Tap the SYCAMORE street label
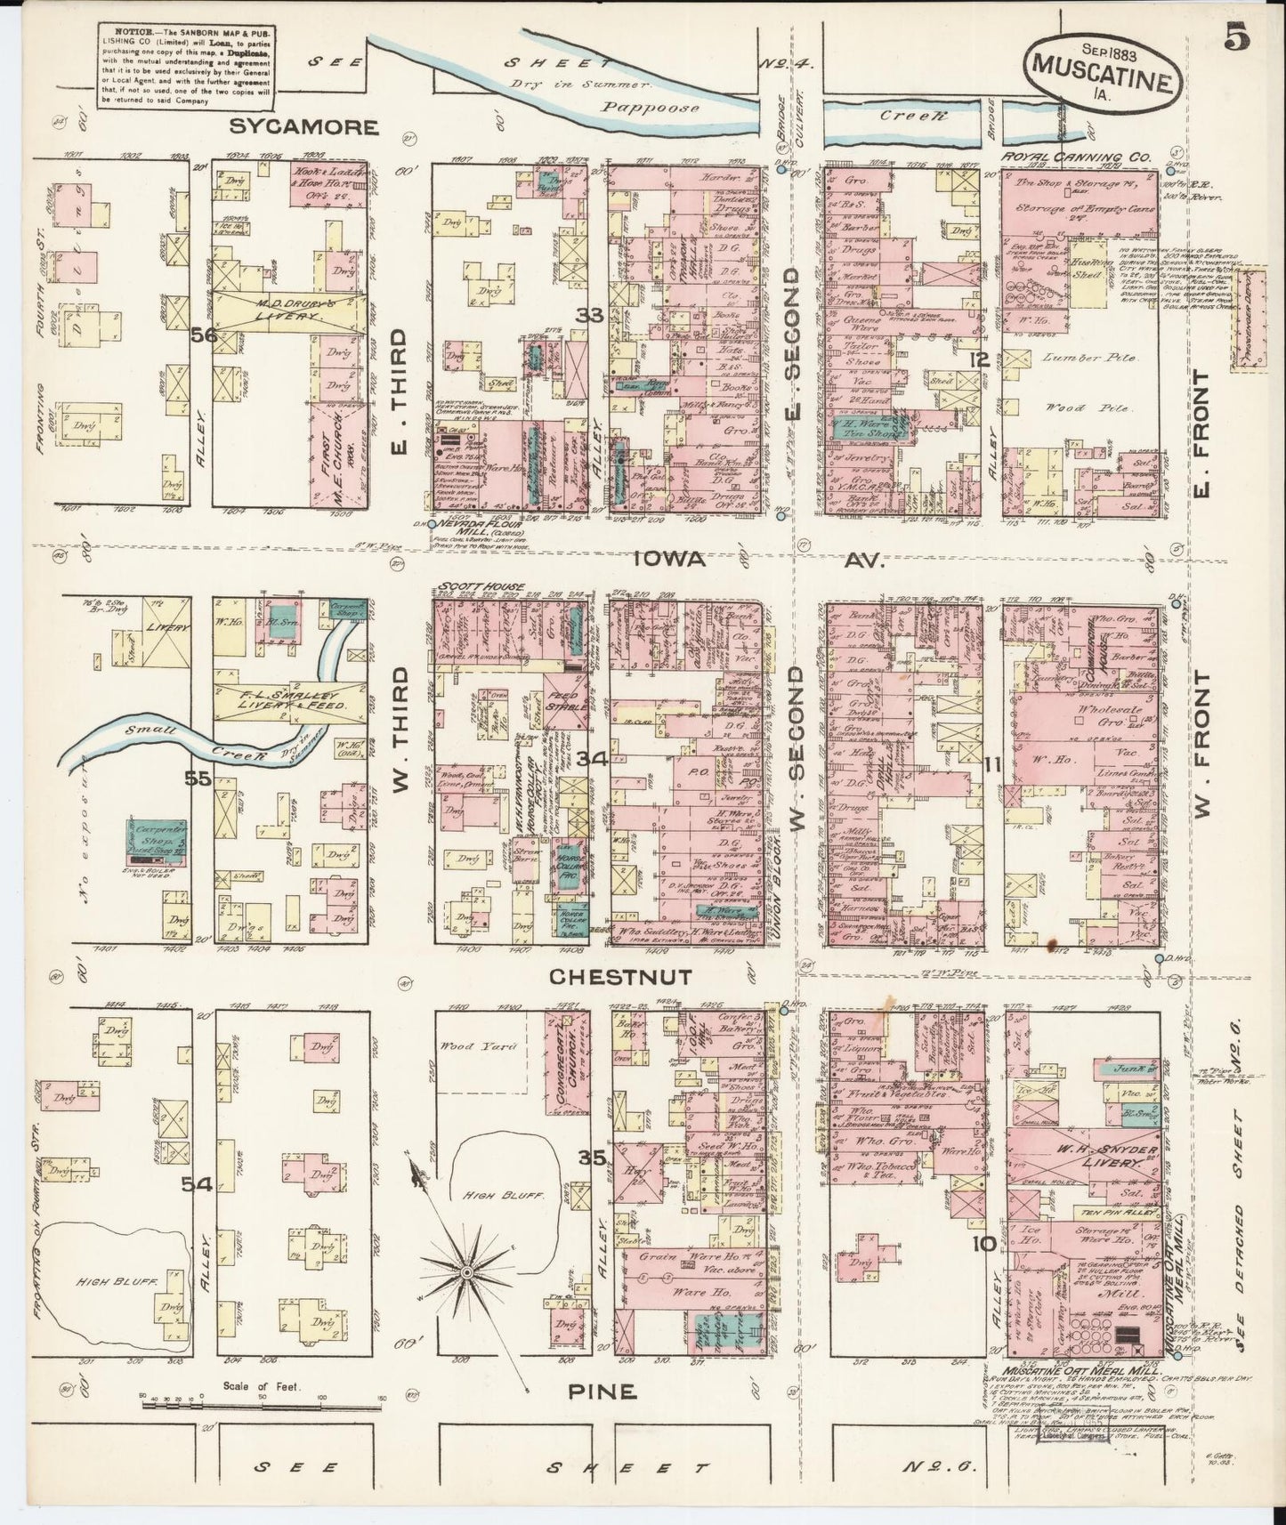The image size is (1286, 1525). [x=303, y=126]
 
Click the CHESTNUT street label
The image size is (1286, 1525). [x=620, y=977]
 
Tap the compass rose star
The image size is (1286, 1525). [x=465, y=1274]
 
